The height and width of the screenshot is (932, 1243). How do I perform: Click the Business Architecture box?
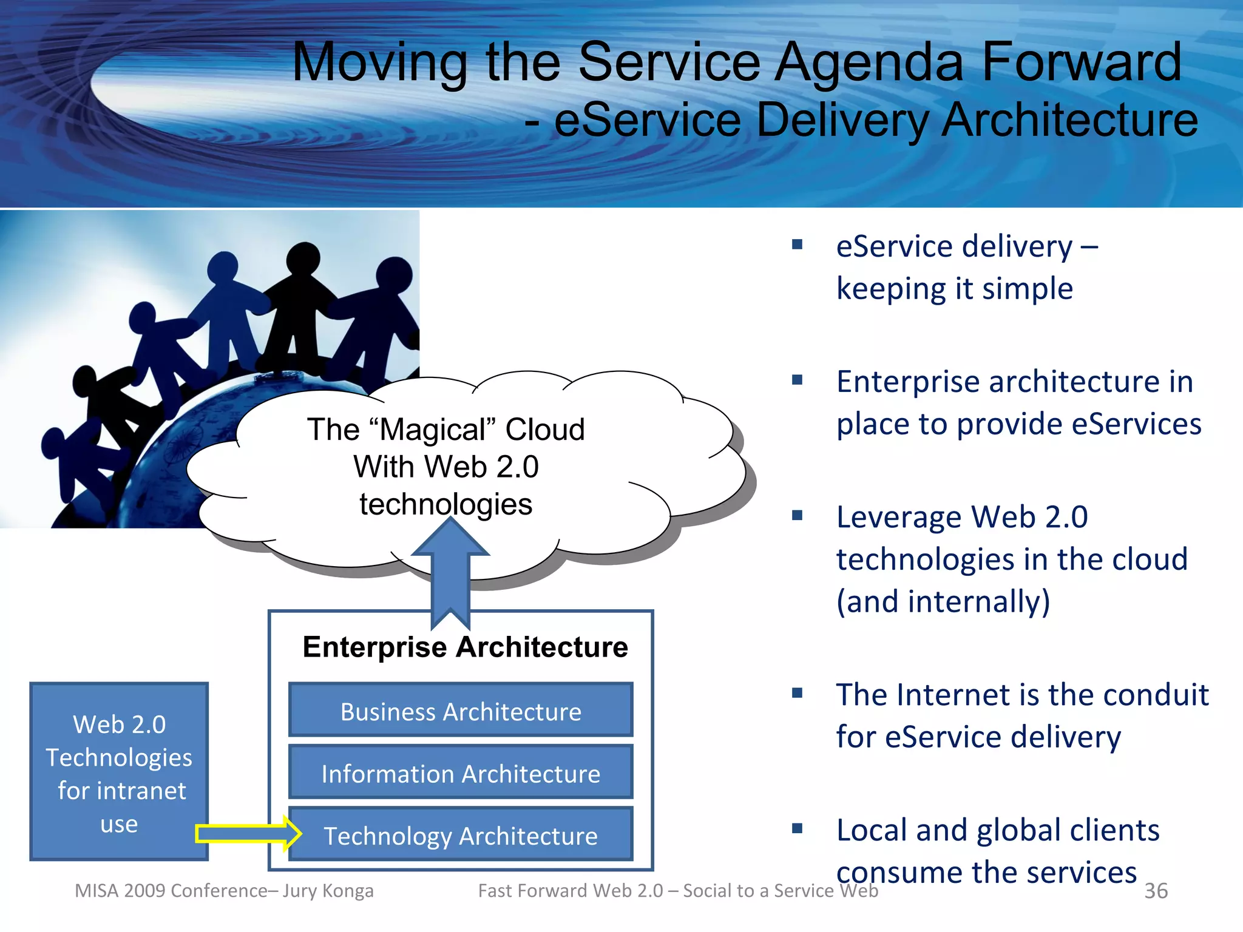pos(461,711)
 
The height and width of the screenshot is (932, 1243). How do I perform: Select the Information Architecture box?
pos(461,773)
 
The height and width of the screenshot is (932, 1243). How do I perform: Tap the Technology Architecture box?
pos(461,836)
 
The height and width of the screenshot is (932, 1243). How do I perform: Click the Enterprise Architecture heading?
pos(465,647)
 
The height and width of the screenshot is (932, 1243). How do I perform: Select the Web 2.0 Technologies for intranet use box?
pos(119,772)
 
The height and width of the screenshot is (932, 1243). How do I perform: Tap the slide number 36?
pos(1156,891)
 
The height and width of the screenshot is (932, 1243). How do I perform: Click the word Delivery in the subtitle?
pos(844,120)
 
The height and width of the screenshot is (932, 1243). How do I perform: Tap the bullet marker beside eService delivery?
pos(798,245)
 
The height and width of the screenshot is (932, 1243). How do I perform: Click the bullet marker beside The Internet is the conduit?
pos(798,693)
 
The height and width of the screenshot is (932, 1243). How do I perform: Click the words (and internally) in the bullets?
pos(943,602)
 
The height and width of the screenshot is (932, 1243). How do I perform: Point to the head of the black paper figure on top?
pos(303,258)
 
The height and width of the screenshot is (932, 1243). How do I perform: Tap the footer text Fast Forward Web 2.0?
pos(571,891)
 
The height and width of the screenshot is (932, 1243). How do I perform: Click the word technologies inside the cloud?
pos(445,504)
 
